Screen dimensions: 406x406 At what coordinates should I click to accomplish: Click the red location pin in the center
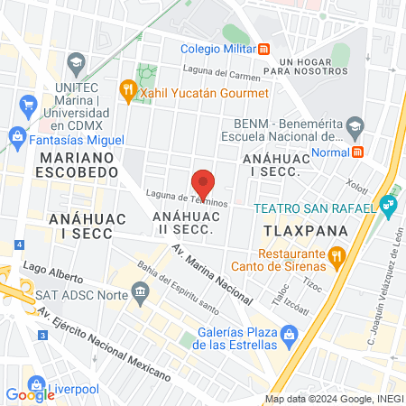(203, 183)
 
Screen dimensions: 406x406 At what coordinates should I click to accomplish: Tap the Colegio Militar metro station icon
(263, 49)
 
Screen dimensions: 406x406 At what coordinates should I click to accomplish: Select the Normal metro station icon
(358, 152)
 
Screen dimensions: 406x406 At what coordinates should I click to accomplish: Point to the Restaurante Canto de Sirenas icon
(337, 259)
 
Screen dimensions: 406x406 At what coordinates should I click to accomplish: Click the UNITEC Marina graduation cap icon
(74, 65)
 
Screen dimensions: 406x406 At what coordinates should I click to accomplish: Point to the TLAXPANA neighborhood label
(291, 231)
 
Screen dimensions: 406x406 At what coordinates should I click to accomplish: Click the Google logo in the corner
(30, 394)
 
